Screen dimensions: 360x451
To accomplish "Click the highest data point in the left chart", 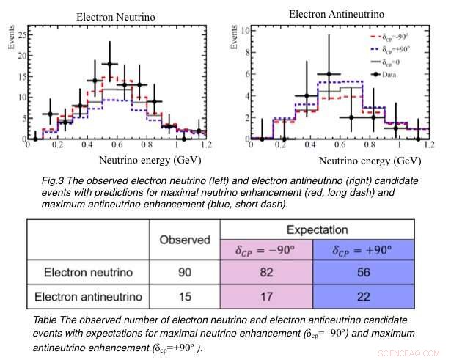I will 109,64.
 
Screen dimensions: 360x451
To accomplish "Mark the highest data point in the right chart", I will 330,74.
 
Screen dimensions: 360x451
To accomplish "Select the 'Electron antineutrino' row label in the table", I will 92,298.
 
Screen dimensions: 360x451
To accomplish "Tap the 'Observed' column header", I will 186,240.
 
